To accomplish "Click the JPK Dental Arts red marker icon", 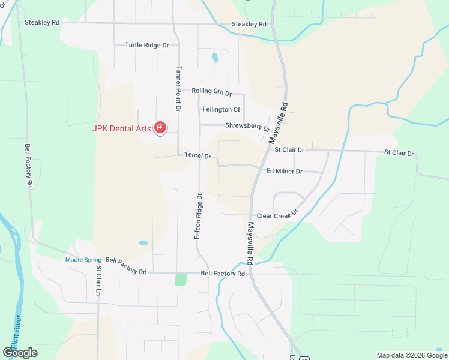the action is click(160, 127).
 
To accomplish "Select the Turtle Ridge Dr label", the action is click(147, 45).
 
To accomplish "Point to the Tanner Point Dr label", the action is click(178, 88).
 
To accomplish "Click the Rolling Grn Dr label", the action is click(211, 91).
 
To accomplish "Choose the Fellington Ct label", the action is click(221, 109).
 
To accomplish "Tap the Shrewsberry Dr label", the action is click(247, 127).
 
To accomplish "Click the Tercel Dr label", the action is click(197, 156).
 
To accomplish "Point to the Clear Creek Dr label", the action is click(277, 215).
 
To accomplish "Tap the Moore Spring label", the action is click(83, 260).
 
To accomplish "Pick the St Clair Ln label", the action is click(98, 281).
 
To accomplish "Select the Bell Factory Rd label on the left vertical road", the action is click(28, 166).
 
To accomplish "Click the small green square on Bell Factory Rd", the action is click(181, 280).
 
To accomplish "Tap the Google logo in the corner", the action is click(20, 352).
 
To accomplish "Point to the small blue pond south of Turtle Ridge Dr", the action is click(215, 58).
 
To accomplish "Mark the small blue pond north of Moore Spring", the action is click(142, 244).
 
